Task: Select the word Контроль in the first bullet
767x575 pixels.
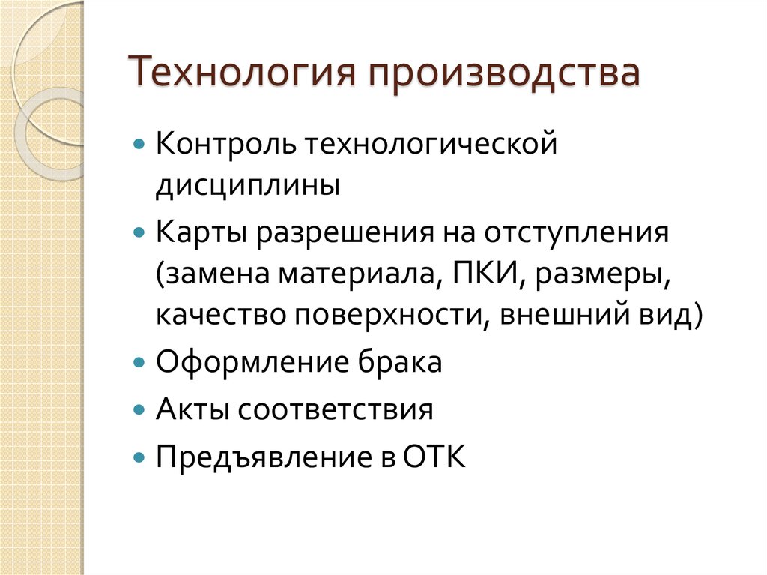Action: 216,142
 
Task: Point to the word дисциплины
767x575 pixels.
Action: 248,184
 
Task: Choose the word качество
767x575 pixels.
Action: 220,316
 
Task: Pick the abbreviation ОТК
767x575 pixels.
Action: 435,456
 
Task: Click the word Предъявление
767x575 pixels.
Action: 261,456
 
